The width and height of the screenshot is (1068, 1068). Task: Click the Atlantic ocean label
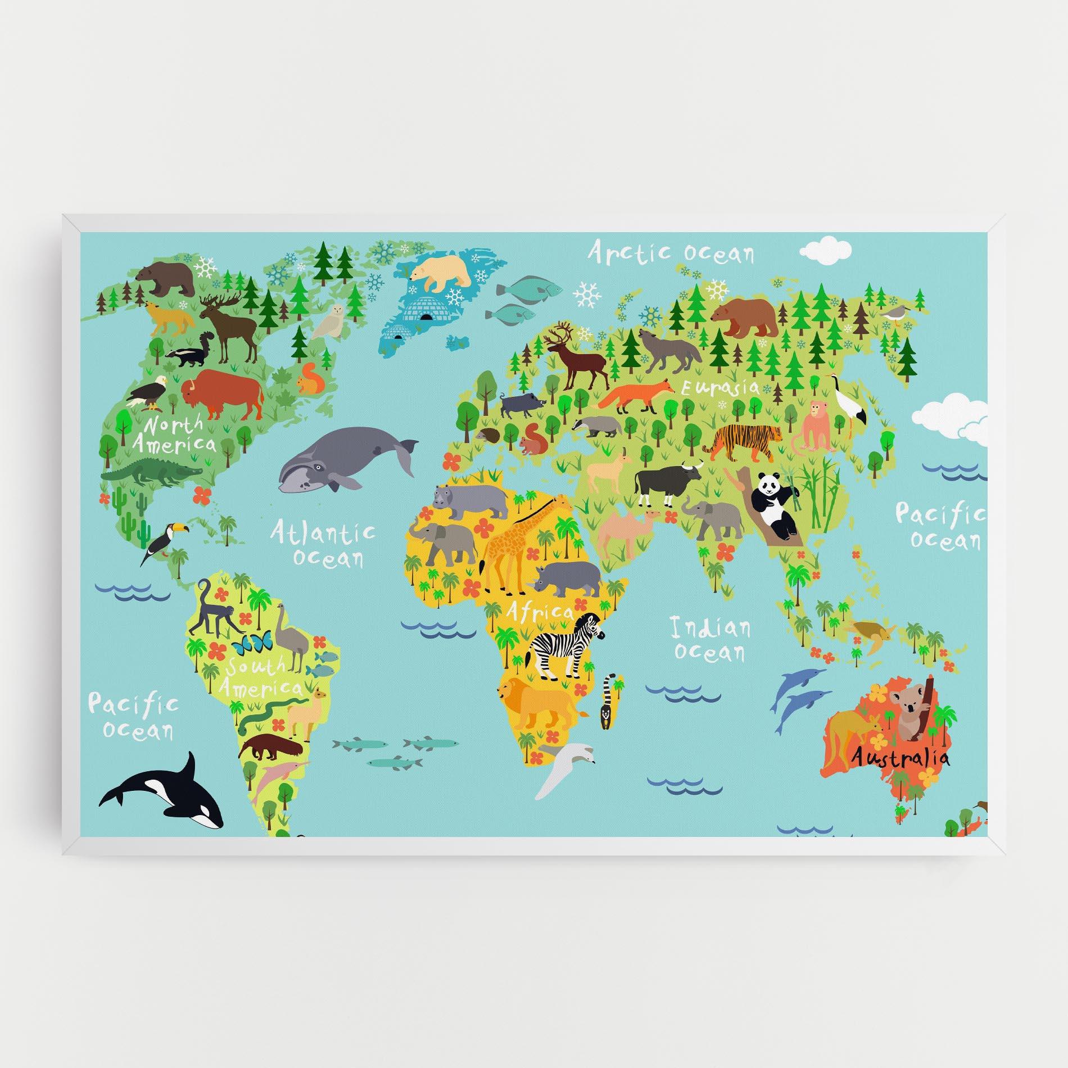322,541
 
